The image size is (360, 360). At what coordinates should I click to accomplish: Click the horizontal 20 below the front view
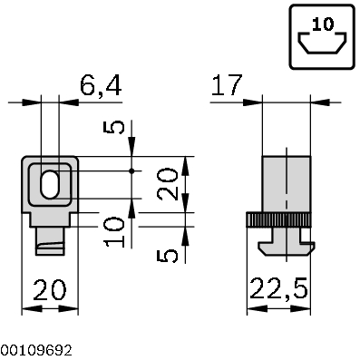[50, 290]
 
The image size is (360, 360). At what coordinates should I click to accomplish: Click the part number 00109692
[37, 349]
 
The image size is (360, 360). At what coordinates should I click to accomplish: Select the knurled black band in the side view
[278, 220]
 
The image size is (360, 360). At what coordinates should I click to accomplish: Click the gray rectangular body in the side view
[285, 185]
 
